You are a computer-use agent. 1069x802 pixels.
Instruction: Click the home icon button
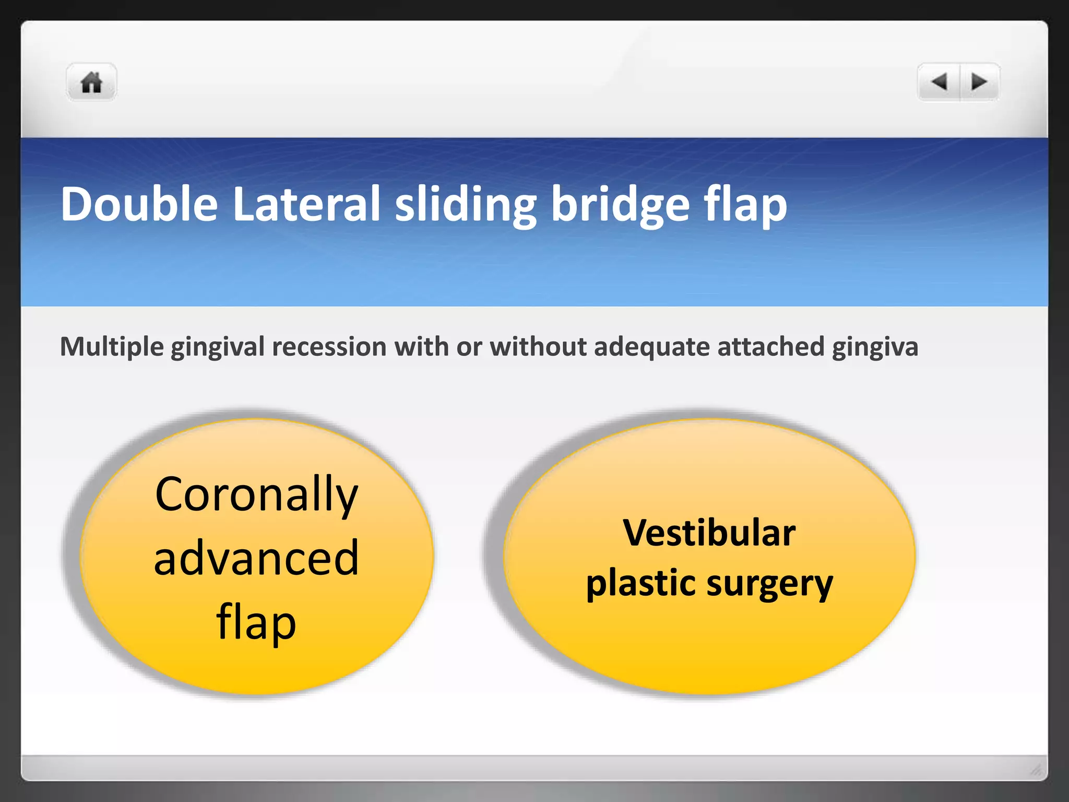(91, 82)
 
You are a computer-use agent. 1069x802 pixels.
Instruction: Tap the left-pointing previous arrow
(939, 82)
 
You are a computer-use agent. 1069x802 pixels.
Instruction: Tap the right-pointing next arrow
(979, 82)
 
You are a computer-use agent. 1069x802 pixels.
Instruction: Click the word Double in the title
(139, 204)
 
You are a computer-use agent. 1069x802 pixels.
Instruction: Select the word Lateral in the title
(306, 204)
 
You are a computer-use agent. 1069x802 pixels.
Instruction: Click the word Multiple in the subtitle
(112, 347)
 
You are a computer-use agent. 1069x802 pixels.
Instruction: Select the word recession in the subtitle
(329, 347)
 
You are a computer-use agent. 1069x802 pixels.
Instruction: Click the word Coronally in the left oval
(256, 495)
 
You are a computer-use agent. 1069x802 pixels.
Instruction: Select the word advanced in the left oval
(256, 558)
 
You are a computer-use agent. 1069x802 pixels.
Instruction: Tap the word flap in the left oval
(256, 622)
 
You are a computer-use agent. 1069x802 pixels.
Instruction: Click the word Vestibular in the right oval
(709, 533)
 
